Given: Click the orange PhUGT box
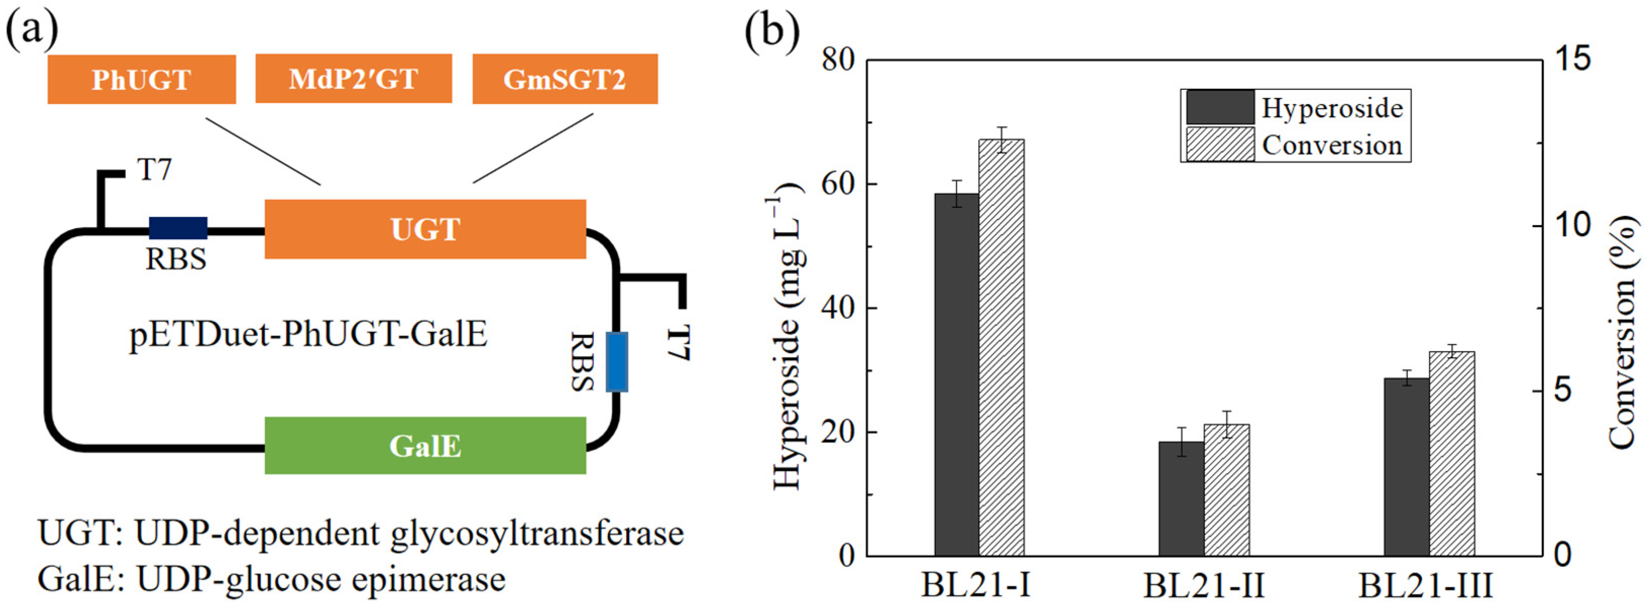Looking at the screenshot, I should click(141, 79).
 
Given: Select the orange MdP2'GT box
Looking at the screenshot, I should click(353, 79).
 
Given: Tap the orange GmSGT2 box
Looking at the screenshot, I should click(564, 79).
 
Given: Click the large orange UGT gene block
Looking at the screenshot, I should click(425, 229).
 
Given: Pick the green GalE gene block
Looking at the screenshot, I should click(425, 445).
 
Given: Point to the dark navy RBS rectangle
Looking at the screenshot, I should click(178, 228).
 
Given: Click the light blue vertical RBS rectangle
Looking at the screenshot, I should click(616, 362).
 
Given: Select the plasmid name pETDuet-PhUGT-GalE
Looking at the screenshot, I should click(309, 334).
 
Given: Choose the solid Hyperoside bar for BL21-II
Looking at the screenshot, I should click(1182, 498).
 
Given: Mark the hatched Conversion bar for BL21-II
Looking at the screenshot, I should click(1227, 490).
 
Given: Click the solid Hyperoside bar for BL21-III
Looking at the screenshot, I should click(1406, 467).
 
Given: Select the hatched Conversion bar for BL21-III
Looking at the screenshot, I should click(1452, 454).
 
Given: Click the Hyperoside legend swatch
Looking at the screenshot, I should click(1220, 107).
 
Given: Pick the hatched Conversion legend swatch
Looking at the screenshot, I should click(1220, 144).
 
